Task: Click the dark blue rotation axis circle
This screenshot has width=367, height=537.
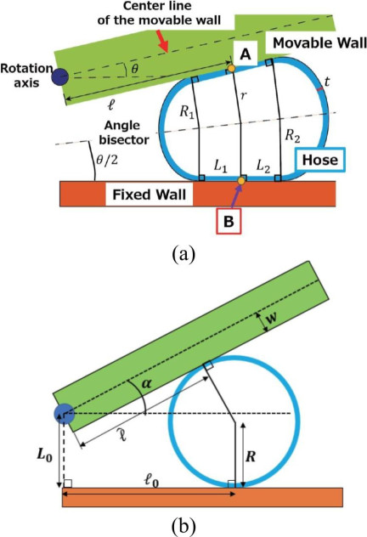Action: click(x=60, y=76)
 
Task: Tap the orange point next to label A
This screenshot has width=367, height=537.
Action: click(x=231, y=69)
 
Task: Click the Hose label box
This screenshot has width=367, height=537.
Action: click(x=320, y=160)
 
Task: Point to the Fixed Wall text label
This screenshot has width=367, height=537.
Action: click(x=150, y=195)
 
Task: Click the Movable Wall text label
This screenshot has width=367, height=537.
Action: click(x=319, y=43)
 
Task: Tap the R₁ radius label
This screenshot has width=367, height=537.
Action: click(x=187, y=112)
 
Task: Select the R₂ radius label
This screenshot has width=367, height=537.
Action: click(x=293, y=136)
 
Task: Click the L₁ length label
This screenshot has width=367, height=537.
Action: click(x=221, y=167)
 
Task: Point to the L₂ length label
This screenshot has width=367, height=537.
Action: click(x=263, y=167)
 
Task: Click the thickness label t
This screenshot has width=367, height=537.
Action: click(x=327, y=82)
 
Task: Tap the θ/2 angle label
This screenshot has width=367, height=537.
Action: click(x=107, y=159)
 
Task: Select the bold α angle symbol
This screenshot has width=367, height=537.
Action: click(x=146, y=383)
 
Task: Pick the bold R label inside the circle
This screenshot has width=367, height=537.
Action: click(x=251, y=456)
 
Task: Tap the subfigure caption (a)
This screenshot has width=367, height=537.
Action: click(x=183, y=254)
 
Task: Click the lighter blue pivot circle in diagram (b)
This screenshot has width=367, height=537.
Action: click(x=64, y=414)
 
